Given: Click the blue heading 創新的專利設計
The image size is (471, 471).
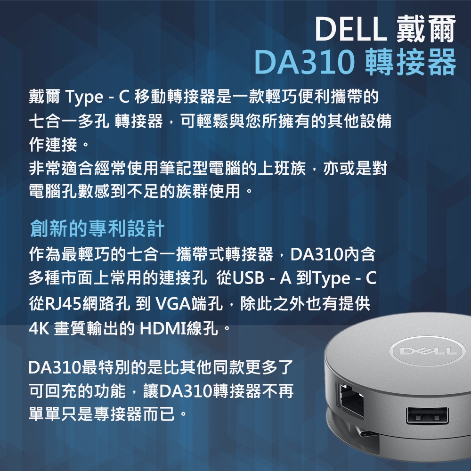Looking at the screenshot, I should tap(97, 229).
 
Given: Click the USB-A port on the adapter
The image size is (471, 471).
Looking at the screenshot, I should tap(427, 416).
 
